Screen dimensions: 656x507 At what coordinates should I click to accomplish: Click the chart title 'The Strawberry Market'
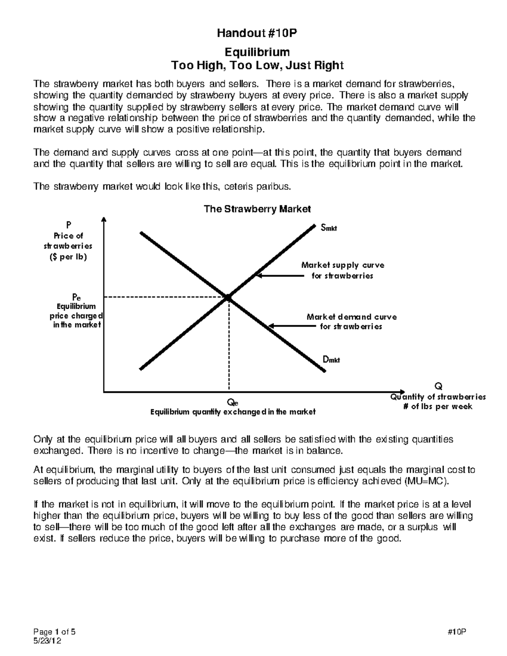tap(257, 209)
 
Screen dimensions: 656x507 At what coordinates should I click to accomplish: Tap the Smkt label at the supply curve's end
tap(329, 229)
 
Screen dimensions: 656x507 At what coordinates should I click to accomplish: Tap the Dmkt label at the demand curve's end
tap(331, 360)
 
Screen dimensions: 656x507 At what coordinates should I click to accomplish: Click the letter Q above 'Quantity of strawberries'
tap(438, 386)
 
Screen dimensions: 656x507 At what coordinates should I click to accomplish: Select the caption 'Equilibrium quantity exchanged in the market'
tap(233, 412)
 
